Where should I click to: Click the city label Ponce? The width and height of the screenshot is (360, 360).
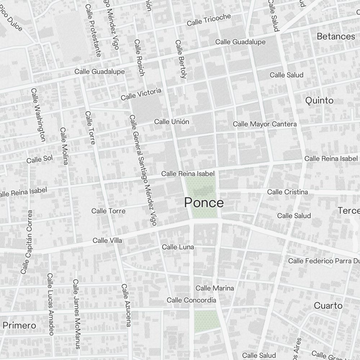(x=204, y=203)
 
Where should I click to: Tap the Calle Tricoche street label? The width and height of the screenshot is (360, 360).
(x=209, y=20)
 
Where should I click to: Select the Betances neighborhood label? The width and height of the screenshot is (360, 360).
(x=336, y=36)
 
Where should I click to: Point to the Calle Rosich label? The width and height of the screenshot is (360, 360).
(x=139, y=58)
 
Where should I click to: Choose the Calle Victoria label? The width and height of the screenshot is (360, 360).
(x=141, y=94)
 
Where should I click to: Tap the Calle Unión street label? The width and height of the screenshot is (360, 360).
(x=171, y=122)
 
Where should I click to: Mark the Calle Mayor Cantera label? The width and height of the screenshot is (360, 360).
(x=265, y=124)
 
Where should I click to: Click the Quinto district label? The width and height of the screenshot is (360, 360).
(x=319, y=100)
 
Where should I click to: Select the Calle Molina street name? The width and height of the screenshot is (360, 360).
(x=64, y=146)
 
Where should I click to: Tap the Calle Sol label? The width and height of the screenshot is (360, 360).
(x=40, y=159)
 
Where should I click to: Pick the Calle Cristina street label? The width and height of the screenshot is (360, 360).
(x=287, y=192)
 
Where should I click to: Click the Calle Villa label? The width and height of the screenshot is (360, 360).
(x=107, y=240)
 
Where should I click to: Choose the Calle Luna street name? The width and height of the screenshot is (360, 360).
(x=178, y=247)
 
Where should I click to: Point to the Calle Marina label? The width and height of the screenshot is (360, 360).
(x=215, y=288)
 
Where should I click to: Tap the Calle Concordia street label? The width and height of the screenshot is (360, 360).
(x=191, y=300)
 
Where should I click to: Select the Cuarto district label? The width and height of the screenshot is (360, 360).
(x=328, y=306)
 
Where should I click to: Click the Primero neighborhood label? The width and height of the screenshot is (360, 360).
(x=19, y=325)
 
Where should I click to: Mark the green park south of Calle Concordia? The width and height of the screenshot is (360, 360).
(x=206, y=321)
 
